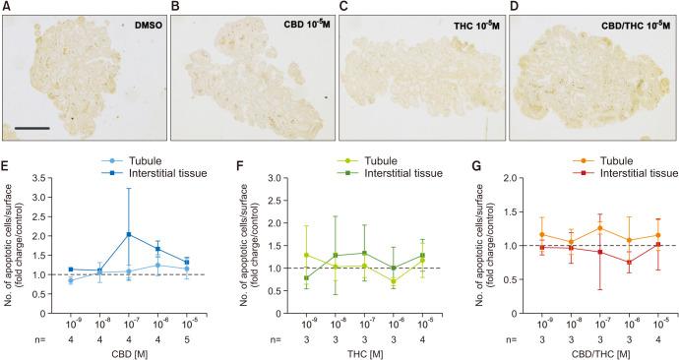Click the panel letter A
point(7,7)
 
